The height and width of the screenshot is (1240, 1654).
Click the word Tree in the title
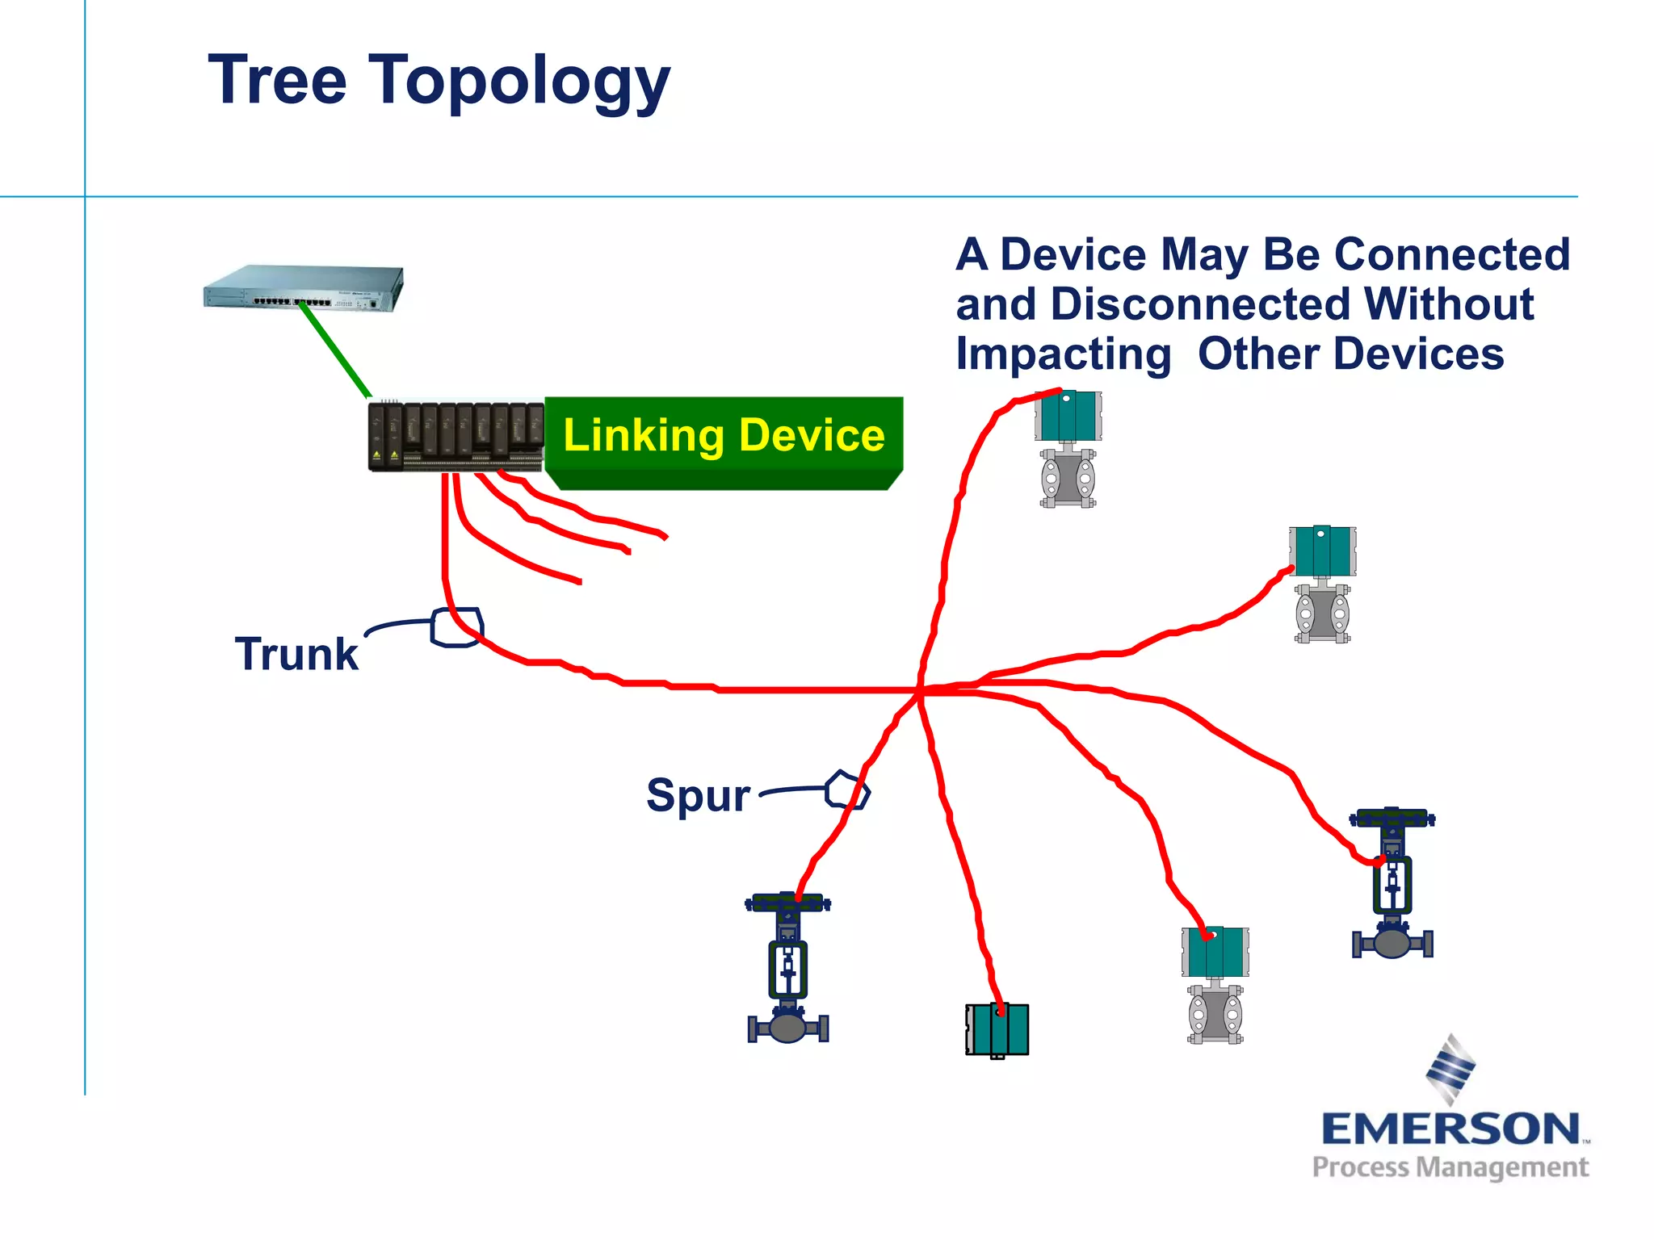pos(277,81)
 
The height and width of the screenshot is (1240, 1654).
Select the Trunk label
pos(296,654)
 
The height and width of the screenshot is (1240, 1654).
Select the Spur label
pos(698,795)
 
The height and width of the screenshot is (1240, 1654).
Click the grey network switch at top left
pos(304,288)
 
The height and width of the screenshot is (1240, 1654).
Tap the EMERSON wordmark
pos(1450,1129)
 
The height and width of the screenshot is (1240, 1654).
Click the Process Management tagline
pos(1450,1167)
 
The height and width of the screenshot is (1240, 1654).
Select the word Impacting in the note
pos(1063,354)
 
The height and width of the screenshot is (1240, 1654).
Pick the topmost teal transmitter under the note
pos(1068,449)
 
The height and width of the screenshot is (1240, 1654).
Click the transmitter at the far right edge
pos(1322,584)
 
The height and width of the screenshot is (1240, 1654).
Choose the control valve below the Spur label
pos(788,968)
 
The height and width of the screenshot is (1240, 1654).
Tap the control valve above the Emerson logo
pos(1392,883)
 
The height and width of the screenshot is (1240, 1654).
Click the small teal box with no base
pos(997,1029)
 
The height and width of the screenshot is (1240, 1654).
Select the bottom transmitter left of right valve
pos(1215,985)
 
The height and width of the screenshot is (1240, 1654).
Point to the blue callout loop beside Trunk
pos(457,627)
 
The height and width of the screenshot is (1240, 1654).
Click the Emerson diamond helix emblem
pos(1450,1069)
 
